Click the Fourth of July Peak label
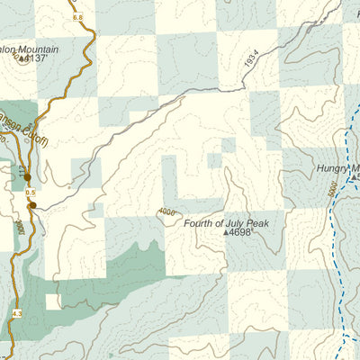point(226,220)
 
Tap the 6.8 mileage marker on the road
point(76,17)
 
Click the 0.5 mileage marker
point(30,193)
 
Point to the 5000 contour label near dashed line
point(333,192)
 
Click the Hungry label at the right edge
point(336,167)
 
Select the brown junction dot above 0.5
point(27,178)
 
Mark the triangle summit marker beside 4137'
point(22,58)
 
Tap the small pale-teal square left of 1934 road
point(214,160)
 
